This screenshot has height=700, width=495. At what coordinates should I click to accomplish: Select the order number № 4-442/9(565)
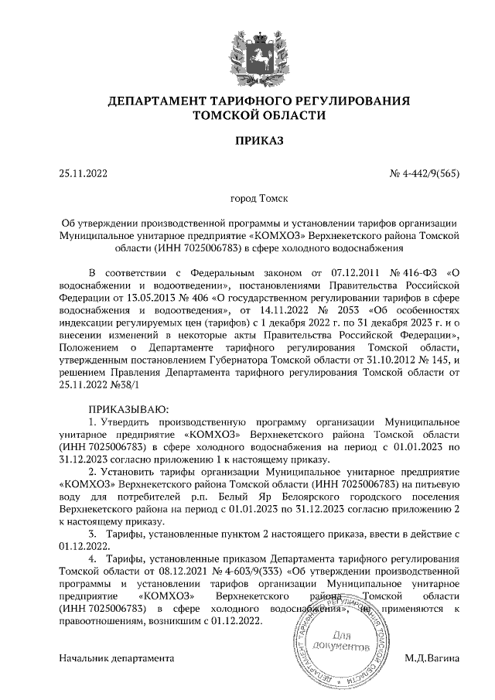coord(424,173)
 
